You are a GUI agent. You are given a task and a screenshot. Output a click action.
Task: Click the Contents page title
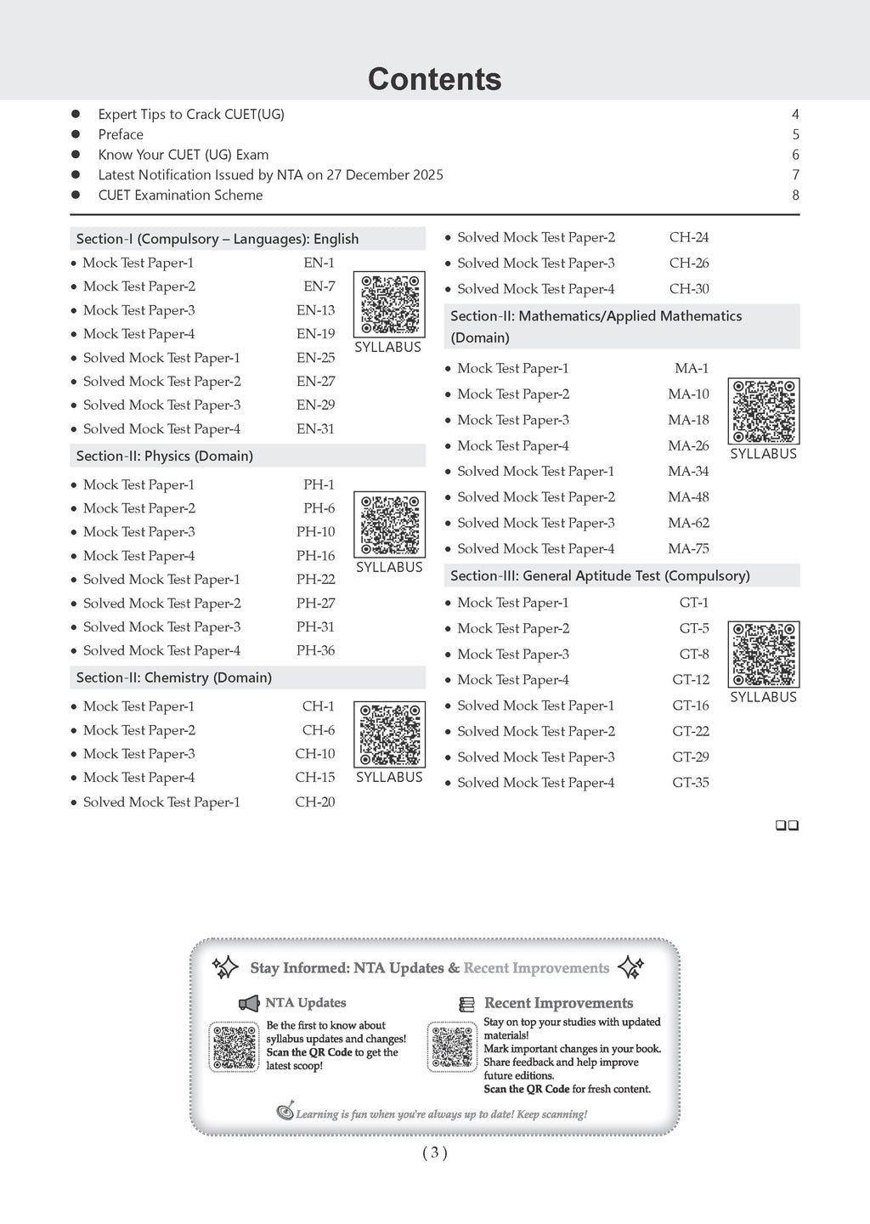pos(434,79)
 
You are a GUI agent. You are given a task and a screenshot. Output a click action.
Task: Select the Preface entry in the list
pos(121,134)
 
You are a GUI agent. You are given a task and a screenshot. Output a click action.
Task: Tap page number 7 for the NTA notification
pos(795,175)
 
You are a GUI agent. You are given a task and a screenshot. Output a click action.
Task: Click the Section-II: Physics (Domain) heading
pos(165,456)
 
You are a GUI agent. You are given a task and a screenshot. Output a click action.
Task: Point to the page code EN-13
pos(315,310)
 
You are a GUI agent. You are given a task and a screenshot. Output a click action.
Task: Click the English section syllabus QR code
pos(389,304)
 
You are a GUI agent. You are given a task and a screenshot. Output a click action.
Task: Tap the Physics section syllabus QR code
pos(389,524)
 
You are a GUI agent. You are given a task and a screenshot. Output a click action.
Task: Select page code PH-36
pos(315,650)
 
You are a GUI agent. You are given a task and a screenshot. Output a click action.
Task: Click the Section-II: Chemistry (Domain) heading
pos(174,677)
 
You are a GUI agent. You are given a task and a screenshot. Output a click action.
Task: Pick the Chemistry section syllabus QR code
pos(389,734)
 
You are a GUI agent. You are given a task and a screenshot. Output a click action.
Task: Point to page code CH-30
pos(688,289)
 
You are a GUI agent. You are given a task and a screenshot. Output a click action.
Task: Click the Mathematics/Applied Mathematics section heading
pos(596,326)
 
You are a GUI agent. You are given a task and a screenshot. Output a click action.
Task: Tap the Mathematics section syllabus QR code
pos(764,411)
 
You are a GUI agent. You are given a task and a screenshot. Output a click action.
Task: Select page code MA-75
pos(688,549)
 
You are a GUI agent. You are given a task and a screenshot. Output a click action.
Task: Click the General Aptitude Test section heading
pos(600,575)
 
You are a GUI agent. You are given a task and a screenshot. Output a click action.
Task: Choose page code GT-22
pos(690,731)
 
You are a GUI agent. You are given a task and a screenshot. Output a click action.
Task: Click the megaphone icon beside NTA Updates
pos(249,1004)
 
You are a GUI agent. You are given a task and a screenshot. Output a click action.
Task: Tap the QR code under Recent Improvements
pos(452,1048)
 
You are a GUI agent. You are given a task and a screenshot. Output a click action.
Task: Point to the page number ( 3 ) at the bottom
pos(434,1153)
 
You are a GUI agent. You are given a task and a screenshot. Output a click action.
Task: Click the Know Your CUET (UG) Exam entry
pos(183,155)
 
